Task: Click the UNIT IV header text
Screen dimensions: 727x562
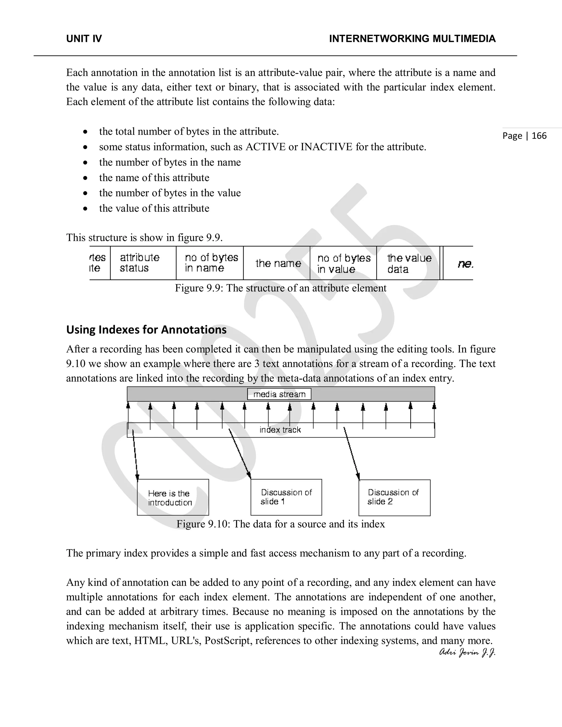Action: pyautogui.click(x=84, y=39)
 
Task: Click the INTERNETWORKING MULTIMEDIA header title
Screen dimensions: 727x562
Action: pyautogui.click(x=412, y=39)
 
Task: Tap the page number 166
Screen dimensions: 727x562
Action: pyautogui.click(x=539, y=136)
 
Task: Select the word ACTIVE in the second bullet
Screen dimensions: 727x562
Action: pyautogui.click(x=266, y=147)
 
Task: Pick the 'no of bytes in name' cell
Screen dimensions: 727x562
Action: pyautogui.click(x=211, y=263)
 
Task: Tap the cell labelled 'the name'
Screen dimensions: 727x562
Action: pyautogui.click(x=278, y=263)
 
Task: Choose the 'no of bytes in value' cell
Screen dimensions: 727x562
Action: pyautogui.click(x=344, y=263)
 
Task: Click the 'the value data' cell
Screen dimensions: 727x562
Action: pyautogui.click(x=409, y=263)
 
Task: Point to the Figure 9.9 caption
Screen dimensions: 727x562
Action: pyautogui.click(x=280, y=288)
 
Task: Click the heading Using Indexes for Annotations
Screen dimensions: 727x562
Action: pyautogui.click(x=146, y=329)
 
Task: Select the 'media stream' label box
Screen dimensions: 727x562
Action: pyautogui.click(x=279, y=394)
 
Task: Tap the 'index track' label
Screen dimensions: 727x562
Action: pyautogui.click(x=280, y=430)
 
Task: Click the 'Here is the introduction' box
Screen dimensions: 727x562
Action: pyautogui.click(x=173, y=497)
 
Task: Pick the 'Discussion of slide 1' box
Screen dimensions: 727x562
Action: pyautogui.click(x=286, y=497)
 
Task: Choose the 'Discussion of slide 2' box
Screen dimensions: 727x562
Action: pyautogui.click(x=394, y=497)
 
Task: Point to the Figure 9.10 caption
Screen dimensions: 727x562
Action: pyautogui.click(x=280, y=524)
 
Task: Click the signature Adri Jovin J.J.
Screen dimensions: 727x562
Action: pyautogui.click(x=467, y=652)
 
